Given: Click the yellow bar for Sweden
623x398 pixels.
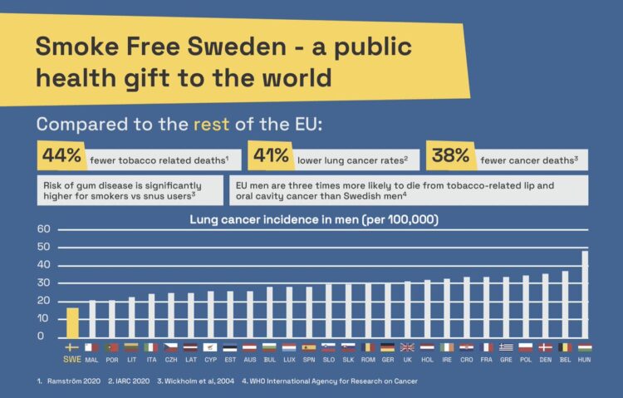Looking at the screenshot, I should coord(72,322).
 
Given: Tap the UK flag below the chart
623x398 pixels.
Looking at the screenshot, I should coord(407,347).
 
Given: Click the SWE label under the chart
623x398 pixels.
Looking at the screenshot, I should coord(72,360).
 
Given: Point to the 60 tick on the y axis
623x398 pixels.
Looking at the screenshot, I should coord(44,229).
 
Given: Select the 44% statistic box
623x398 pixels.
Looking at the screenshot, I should coord(63,155).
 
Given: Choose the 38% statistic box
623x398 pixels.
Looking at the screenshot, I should coord(451,155).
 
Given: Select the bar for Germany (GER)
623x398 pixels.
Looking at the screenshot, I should coord(387,310).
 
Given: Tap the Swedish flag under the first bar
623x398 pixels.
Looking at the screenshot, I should coord(72,347).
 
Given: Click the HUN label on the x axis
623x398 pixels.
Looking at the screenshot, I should coord(585,359).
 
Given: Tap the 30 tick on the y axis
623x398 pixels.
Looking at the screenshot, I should coord(44,283).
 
